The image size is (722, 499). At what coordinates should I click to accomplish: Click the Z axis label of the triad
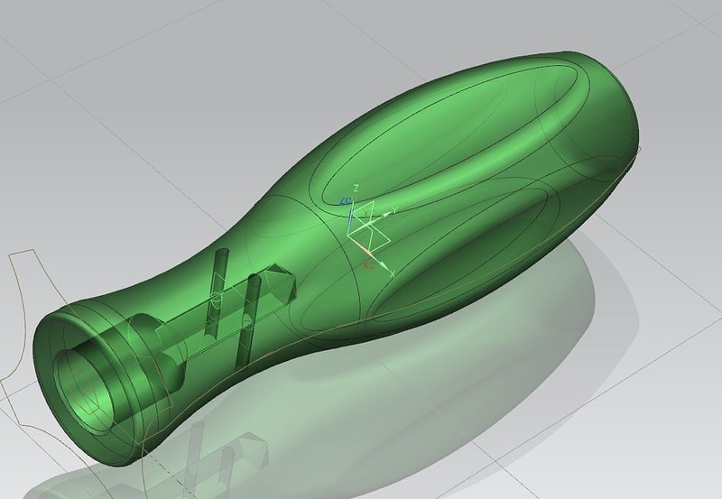coord(357,187)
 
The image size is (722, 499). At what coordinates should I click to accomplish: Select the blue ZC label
coord(345,199)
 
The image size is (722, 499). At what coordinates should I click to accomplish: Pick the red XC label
coord(367,266)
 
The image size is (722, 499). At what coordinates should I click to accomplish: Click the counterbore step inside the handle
coord(144,334)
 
